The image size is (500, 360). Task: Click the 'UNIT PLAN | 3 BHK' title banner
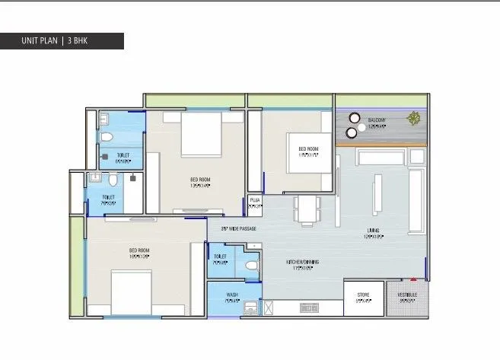click(x=62, y=40)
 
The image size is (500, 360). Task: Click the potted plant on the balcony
click(x=413, y=118)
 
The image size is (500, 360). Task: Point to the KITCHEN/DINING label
click(x=302, y=263)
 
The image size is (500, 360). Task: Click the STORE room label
click(x=363, y=296)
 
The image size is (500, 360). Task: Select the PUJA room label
click(x=255, y=202)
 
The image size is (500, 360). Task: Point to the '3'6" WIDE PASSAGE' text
click(x=238, y=228)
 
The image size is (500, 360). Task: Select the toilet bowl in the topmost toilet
click(x=107, y=137)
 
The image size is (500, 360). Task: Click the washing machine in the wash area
click(x=249, y=307)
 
